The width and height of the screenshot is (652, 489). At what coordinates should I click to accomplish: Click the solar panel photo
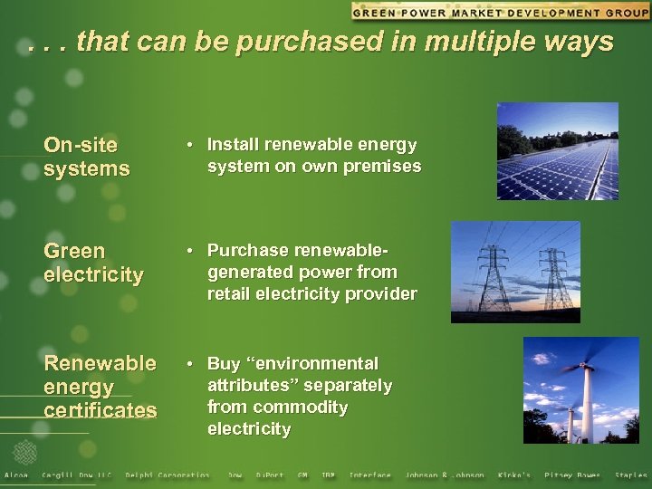[x=557, y=151]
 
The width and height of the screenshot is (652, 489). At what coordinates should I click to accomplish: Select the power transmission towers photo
[x=515, y=272]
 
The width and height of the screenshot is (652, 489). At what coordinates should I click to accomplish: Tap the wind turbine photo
[x=569, y=390]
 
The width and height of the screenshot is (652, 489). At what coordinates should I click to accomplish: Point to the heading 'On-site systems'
[x=87, y=157]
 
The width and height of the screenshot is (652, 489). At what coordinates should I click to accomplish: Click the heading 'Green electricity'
[x=93, y=263]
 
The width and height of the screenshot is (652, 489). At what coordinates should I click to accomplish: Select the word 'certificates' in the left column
[x=100, y=410]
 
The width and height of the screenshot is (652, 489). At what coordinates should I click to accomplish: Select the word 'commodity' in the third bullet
[x=301, y=407]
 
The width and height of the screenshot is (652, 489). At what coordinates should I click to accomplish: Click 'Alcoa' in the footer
[x=16, y=475]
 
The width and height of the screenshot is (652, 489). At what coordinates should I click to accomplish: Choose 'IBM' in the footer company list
[x=328, y=475]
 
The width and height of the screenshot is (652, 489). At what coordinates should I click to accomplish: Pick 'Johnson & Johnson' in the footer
[x=444, y=475]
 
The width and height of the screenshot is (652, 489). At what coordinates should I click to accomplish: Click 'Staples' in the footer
[x=630, y=475]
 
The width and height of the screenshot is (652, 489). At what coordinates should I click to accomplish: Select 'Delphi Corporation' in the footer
[x=167, y=475]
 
